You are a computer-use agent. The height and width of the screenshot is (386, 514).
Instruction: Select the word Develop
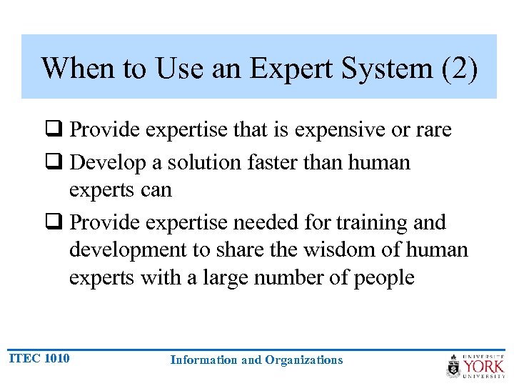[110, 162]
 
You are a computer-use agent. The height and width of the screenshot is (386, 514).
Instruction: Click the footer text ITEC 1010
[39, 358]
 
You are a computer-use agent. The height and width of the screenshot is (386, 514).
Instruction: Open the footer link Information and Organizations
[256, 360]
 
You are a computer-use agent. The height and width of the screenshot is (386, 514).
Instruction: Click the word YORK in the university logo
[485, 366]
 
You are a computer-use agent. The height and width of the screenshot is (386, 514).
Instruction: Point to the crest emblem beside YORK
[453, 366]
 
